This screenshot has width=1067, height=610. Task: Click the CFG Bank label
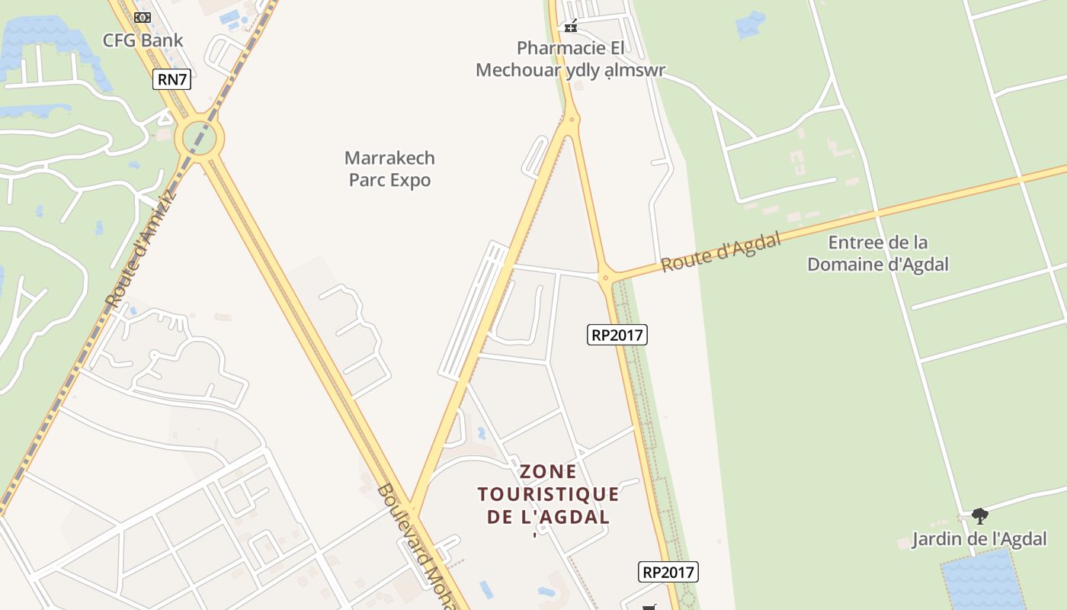(143, 40)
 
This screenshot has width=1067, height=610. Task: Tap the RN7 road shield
(171, 79)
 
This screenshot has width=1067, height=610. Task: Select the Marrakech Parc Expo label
(389, 169)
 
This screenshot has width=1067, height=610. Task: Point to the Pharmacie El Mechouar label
(570, 59)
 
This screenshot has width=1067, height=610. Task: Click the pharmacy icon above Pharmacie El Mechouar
(570, 27)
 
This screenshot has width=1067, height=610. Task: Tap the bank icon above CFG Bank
(143, 18)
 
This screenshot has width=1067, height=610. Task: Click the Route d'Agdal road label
(721, 252)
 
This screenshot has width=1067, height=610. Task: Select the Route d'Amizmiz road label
(140, 249)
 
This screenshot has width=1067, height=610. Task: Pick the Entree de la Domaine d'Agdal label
(878, 253)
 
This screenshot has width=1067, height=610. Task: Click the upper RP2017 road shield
(617, 334)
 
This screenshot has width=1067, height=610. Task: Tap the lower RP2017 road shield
(668, 572)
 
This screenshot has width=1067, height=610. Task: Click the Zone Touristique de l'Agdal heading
(549, 494)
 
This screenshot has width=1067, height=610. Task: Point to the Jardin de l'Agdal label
(979, 539)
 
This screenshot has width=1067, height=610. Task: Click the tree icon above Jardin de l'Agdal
(980, 516)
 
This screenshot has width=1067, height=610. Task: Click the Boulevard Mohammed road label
(415, 545)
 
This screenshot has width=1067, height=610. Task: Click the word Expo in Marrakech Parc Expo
(410, 180)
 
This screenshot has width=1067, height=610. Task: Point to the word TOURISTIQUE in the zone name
(549, 494)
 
